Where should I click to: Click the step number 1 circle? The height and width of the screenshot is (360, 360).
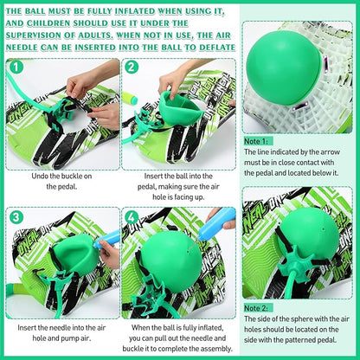pyautogui.click(x=16, y=66)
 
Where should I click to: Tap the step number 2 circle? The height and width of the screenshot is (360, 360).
pyautogui.click(x=132, y=66)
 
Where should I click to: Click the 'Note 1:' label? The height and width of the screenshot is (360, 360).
pyautogui.click(x=258, y=139)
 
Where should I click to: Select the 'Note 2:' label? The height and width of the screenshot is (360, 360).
pyautogui.click(x=258, y=307)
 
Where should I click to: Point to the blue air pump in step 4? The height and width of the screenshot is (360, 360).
pyautogui.click(x=215, y=220)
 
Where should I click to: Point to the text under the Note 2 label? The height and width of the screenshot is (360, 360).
pyautogui.click(x=299, y=332)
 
